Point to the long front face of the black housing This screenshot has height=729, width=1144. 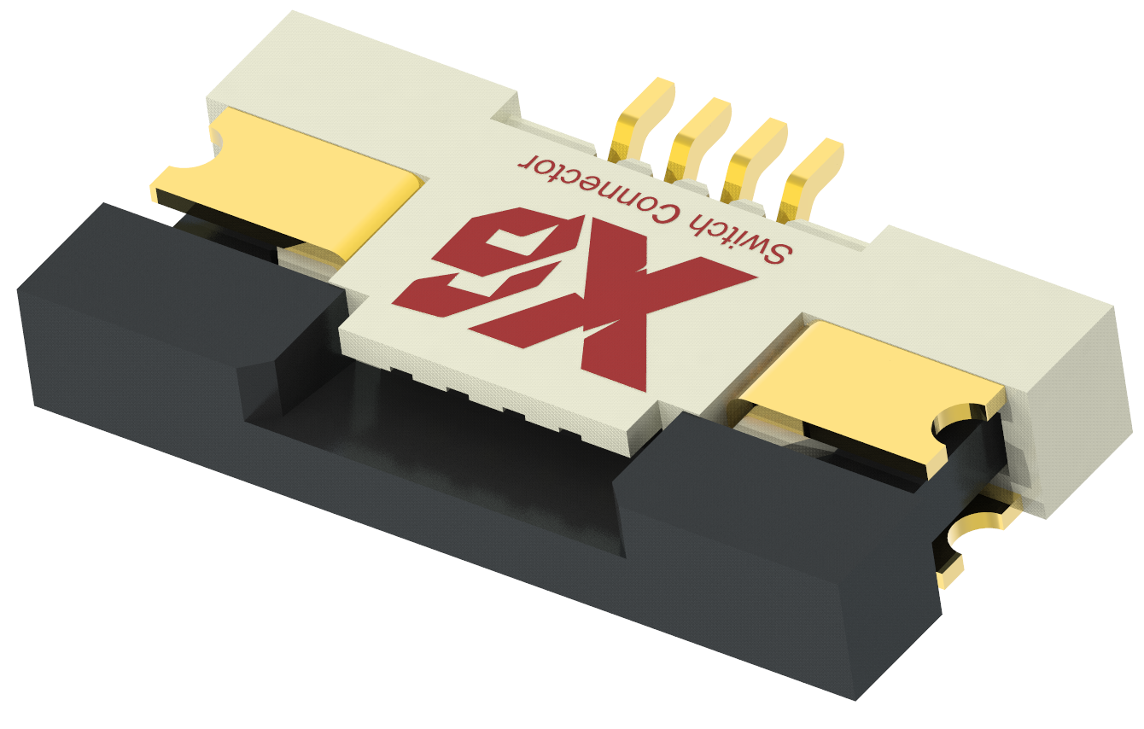[427, 546]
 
